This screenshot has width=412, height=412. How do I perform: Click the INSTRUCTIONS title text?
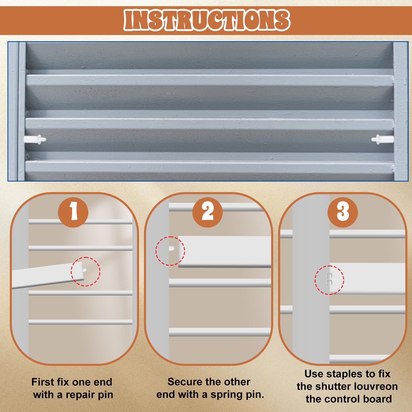click(x=207, y=20)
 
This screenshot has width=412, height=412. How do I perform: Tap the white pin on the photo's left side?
click(x=35, y=139)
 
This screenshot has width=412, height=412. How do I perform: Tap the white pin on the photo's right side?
click(x=382, y=139)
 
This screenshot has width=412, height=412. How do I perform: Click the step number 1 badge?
click(x=73, y=212)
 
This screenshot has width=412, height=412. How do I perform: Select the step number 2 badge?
click(x=208, y=212)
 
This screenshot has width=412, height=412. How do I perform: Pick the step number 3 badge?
click(x=342, y=212)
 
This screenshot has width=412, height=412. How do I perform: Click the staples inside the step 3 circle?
click(x=329, y=279)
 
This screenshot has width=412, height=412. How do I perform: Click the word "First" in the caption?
click(x=43, y=382)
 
